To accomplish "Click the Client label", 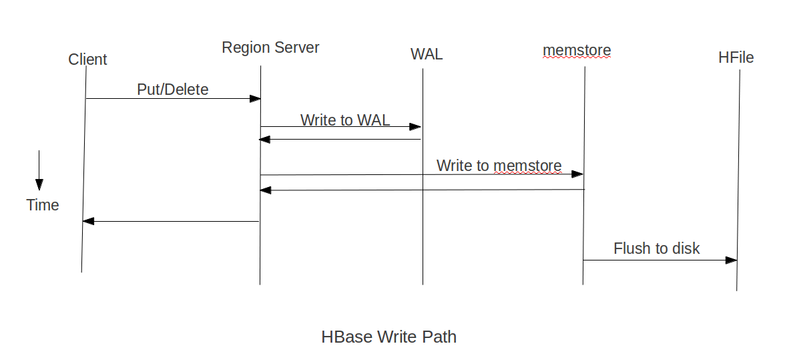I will tap(87, 59).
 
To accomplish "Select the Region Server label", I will tap(270, 48).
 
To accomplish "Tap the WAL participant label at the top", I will tap(426, 55).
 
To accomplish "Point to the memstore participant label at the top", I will tap(577, 50).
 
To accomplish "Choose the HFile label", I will tap(736, 58).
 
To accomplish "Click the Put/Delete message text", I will tap(173, 89).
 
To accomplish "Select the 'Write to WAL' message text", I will tap(345, 120).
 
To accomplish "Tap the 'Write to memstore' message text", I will tap(499, 166).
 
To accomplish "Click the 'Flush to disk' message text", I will tap(656, 248).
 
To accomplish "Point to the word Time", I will tap(43, 205).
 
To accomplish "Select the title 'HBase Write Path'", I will tap(388, 337).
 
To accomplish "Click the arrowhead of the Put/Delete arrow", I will tap(255, 99).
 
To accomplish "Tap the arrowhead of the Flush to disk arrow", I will tap(732, 260).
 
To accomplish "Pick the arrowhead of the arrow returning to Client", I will tap(87, 221).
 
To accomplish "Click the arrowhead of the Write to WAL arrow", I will tap(416, 127).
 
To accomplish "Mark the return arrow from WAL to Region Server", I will tap(340, 140).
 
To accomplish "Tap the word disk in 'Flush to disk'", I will tap(686, 248).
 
